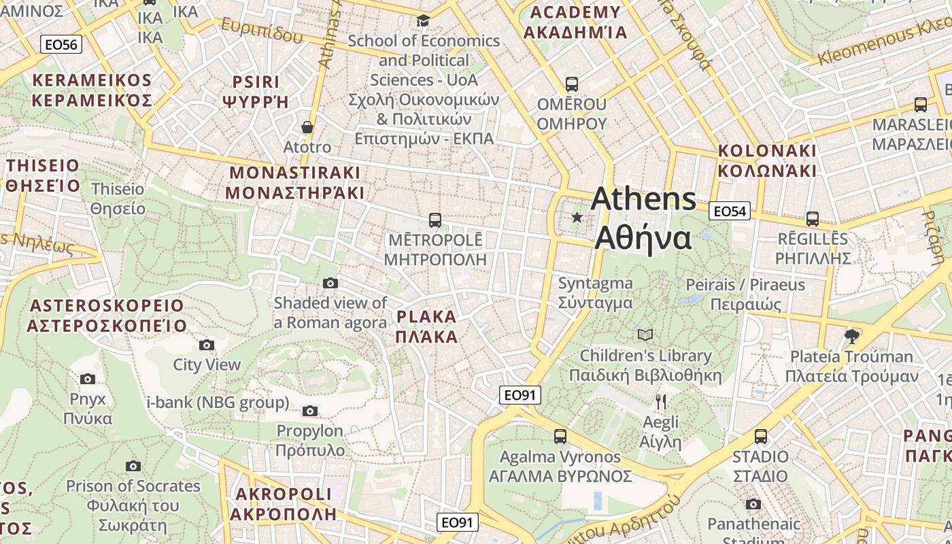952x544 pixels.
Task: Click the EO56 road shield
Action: tap(61, 45)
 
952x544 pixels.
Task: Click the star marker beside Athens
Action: tap(577, 218)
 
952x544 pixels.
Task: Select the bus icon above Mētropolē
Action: tap(435, 220)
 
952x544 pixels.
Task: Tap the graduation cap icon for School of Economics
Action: tap(423, 21)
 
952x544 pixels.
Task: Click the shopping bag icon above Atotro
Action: tap(307, 127)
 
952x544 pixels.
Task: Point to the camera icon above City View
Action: tap(207, 345)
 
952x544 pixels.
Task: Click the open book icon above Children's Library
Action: tap(645, 335)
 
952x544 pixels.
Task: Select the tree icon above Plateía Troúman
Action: tap(851, 336)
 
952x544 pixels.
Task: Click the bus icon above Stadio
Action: tap(761, 437)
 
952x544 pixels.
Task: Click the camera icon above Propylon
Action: tap(310, 411)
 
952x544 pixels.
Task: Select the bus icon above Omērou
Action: tap(572, 84)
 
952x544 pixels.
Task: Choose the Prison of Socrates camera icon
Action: tap(133, 466)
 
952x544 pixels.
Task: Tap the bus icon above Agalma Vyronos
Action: tap(560, 437)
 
